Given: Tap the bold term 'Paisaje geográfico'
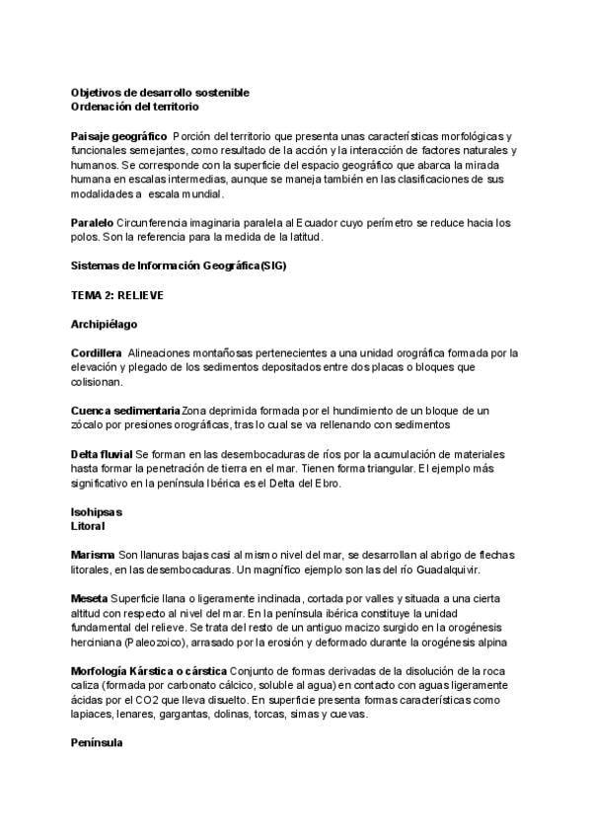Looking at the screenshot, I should (x=119, y=135).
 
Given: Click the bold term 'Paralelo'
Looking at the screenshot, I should (x=93, y=223).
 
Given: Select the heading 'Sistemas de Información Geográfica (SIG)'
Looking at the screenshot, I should (x=180, y=266).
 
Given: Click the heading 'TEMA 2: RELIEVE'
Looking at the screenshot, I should (x=117, y=295).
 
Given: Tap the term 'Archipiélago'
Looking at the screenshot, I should (x=105, y=324).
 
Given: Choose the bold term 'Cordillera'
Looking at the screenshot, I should (x=97, y=352).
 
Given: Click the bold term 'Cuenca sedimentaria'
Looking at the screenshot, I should (x=126, y=410).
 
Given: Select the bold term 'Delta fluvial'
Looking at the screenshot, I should (x=102, y=454).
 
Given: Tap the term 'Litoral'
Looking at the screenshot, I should (x=88, y=527).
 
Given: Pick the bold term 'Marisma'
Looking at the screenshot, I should (x=93, y=556).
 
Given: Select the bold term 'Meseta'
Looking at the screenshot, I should (x=90, y=599).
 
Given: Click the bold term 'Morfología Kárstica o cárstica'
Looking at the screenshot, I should (x=149, y=671).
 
